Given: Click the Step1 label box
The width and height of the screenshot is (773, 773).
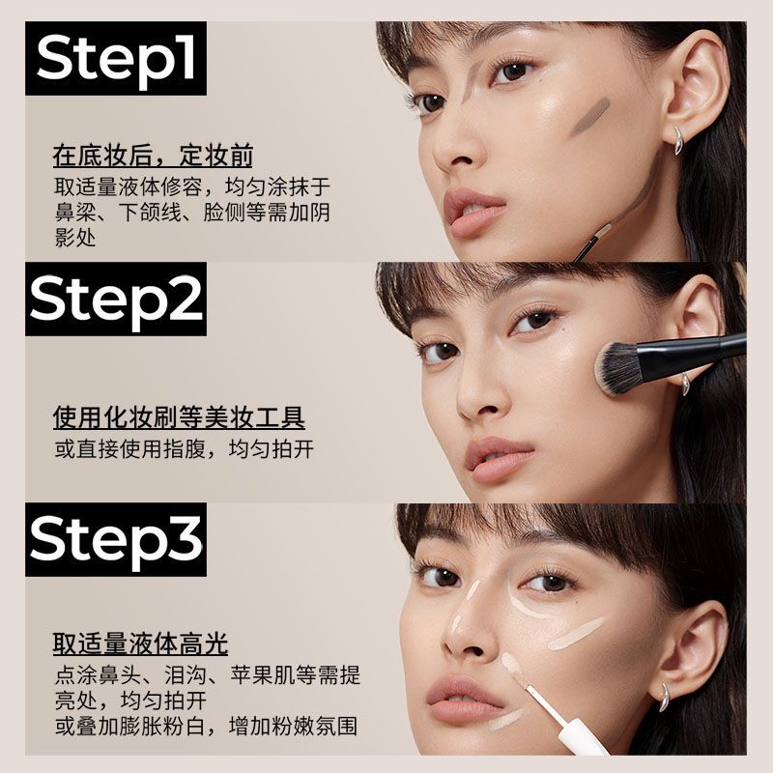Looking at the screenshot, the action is (x=116, y=58).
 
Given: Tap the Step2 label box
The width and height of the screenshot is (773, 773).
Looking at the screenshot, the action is (x=116, y=300).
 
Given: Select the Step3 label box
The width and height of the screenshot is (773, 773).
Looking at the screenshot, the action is (x=116, y=539).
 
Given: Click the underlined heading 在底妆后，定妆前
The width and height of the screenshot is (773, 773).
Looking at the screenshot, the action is (x=153, y=156).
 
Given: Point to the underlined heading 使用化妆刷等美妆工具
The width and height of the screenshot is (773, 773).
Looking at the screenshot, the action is (x=179, y=418).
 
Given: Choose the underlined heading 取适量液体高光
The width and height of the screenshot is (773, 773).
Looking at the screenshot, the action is (x=140, y=644).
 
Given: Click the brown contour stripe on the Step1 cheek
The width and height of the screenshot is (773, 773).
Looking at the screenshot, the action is (x=590, y=116).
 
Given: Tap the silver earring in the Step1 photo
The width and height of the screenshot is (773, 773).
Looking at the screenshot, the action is (x=679, y=140).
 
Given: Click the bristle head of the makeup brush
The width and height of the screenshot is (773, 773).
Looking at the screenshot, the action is (x=616, y=367).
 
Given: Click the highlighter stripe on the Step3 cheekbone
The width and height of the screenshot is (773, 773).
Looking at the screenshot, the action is (x=575, y=634).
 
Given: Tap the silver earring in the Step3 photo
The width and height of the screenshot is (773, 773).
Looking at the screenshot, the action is (x=665, y=697).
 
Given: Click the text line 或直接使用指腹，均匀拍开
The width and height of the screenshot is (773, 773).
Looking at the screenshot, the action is (x=184, y=449).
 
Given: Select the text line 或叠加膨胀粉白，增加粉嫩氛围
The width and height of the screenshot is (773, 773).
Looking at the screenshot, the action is (x=206, y=727).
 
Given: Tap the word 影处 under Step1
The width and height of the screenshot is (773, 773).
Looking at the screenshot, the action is (x=75, y=238).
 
